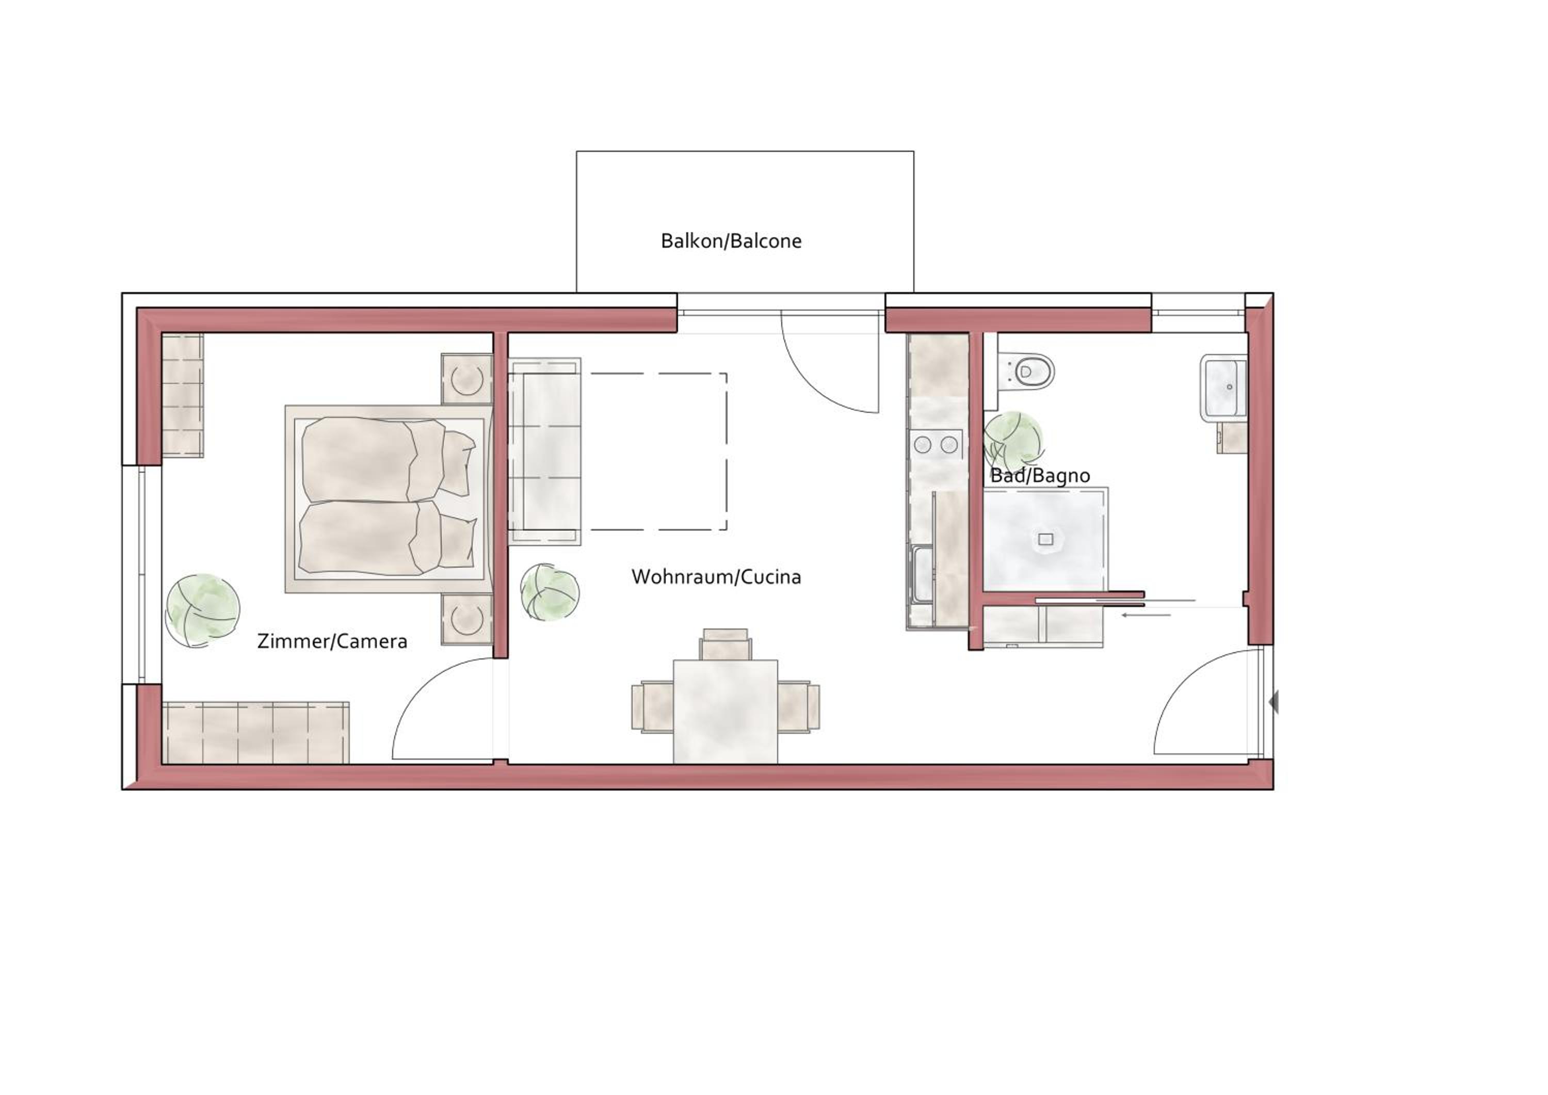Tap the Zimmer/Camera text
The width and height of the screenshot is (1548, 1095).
click(x=332, y=641)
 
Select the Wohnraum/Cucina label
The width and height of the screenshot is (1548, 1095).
click(x=716, y=577)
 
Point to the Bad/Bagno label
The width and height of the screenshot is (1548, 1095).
click(x=1040, y=476)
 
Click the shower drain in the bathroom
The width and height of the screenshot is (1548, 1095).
click(x=1045, y=539)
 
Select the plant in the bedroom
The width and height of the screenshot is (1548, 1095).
click(x=203, y=610)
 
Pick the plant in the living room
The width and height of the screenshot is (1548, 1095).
click(x=550, y=592)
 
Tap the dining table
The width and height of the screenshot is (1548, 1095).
click(x=725, y=712)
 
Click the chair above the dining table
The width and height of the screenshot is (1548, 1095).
click(x=725, y=644)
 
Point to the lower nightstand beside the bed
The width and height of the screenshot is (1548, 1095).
click(x=466, y=619)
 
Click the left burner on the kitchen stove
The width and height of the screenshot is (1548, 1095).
click(x=922, y=444)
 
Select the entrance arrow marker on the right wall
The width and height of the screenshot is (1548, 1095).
click(x=1273, y=703)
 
